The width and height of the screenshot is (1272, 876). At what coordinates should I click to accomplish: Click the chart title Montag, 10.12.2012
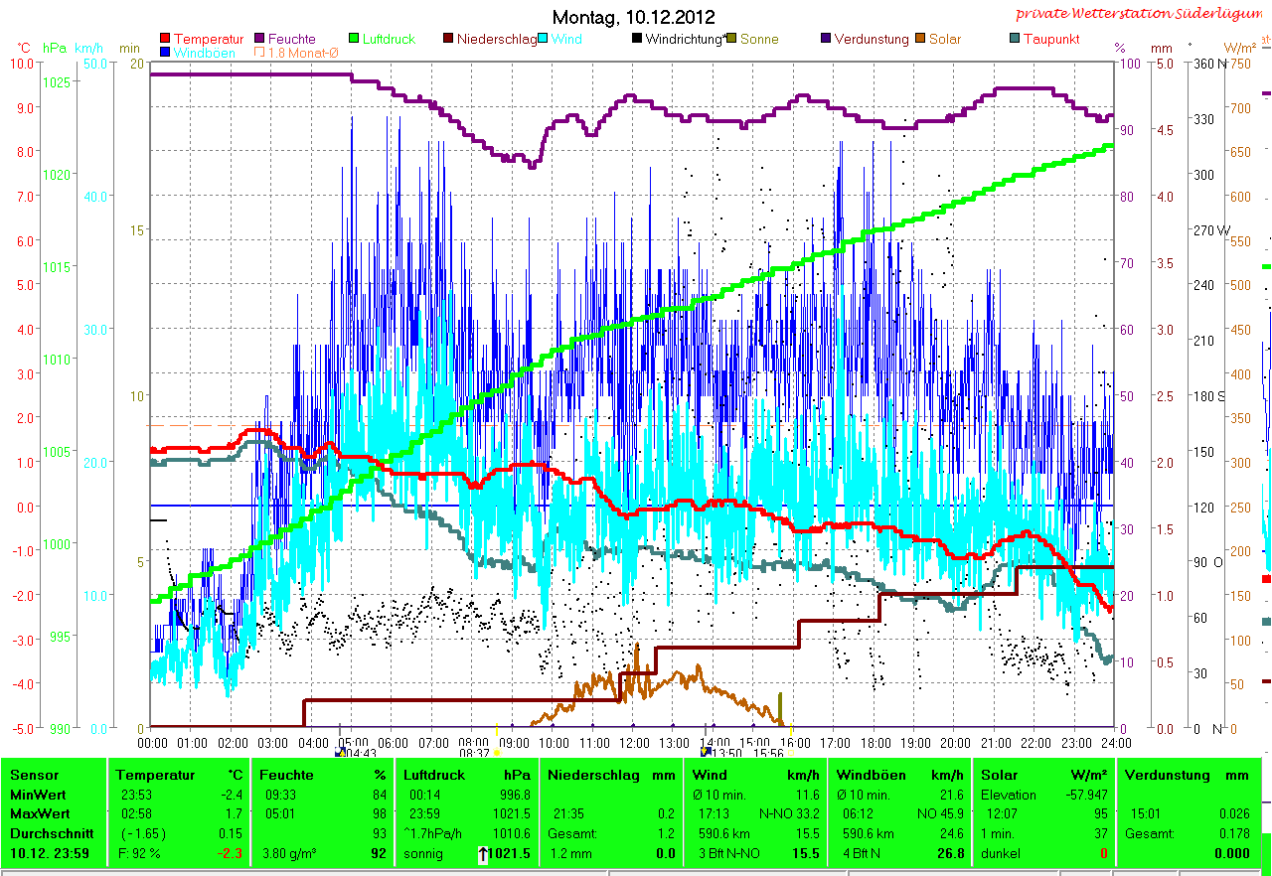click(x=633, y=17)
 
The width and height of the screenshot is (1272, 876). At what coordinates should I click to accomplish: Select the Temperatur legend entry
click(x=208, y=39)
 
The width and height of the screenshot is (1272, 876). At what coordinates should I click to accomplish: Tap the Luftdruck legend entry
click(x=389, y=39)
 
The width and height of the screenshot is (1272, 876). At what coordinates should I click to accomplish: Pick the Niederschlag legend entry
click(x=496, y=39)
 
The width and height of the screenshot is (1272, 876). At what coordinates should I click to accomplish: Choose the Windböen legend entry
click(x=204, y=53)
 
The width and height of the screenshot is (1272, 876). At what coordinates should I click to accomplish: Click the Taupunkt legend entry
click(x=1050, y=39)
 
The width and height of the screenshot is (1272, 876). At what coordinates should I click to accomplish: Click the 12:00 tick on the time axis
click(x=634, y=742)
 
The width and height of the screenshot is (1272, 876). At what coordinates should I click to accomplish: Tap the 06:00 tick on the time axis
click(x=393, y=742)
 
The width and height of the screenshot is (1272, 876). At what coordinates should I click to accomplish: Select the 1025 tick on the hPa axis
click(x=57, y=80)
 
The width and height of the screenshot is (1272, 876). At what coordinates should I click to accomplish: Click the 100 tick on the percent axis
click(x=1127, y=63)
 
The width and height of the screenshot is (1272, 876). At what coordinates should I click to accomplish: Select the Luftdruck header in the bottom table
click(x=433, y=775)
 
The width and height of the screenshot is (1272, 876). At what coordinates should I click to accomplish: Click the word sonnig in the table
click(x=424, y=853)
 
